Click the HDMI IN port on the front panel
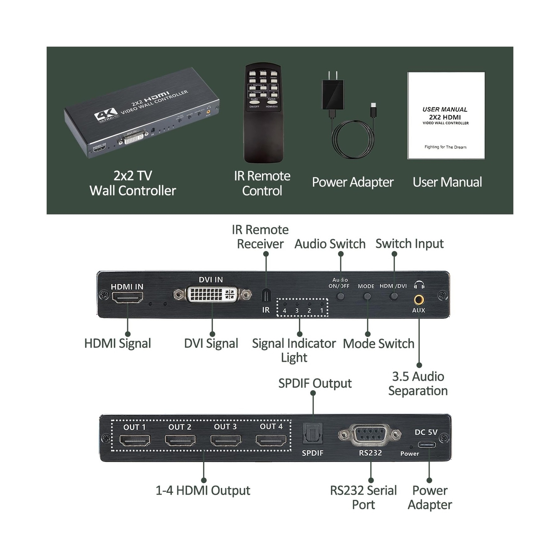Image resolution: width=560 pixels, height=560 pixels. point(127,297)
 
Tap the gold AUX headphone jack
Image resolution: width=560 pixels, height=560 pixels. point(419,300)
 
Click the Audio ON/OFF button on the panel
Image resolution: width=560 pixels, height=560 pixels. point(340,296)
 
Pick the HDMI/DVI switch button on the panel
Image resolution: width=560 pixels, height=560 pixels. point(394,296)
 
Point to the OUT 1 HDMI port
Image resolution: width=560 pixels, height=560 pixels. point(135,440)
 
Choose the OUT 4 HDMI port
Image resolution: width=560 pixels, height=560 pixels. point(271,440)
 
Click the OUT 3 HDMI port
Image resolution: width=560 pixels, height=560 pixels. point(226,440)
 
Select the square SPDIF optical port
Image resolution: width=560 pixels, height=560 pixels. point(313,434)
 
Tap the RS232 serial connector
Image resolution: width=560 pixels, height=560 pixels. point(370,435)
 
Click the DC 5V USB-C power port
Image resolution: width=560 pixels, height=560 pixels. point(427,445)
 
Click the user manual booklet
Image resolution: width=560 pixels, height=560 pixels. point(446,115)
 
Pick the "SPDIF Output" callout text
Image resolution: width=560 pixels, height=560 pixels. point(315,383)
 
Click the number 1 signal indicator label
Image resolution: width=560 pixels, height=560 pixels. point(322,310)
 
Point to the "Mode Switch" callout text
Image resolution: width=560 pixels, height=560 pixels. point(378,344)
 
